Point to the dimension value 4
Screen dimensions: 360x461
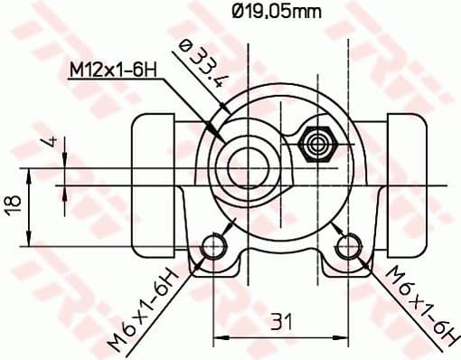53,143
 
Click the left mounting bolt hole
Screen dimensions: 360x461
213,245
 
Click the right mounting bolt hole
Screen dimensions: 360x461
348,245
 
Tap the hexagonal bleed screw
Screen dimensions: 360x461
317,143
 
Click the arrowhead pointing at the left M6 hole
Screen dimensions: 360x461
204,255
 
